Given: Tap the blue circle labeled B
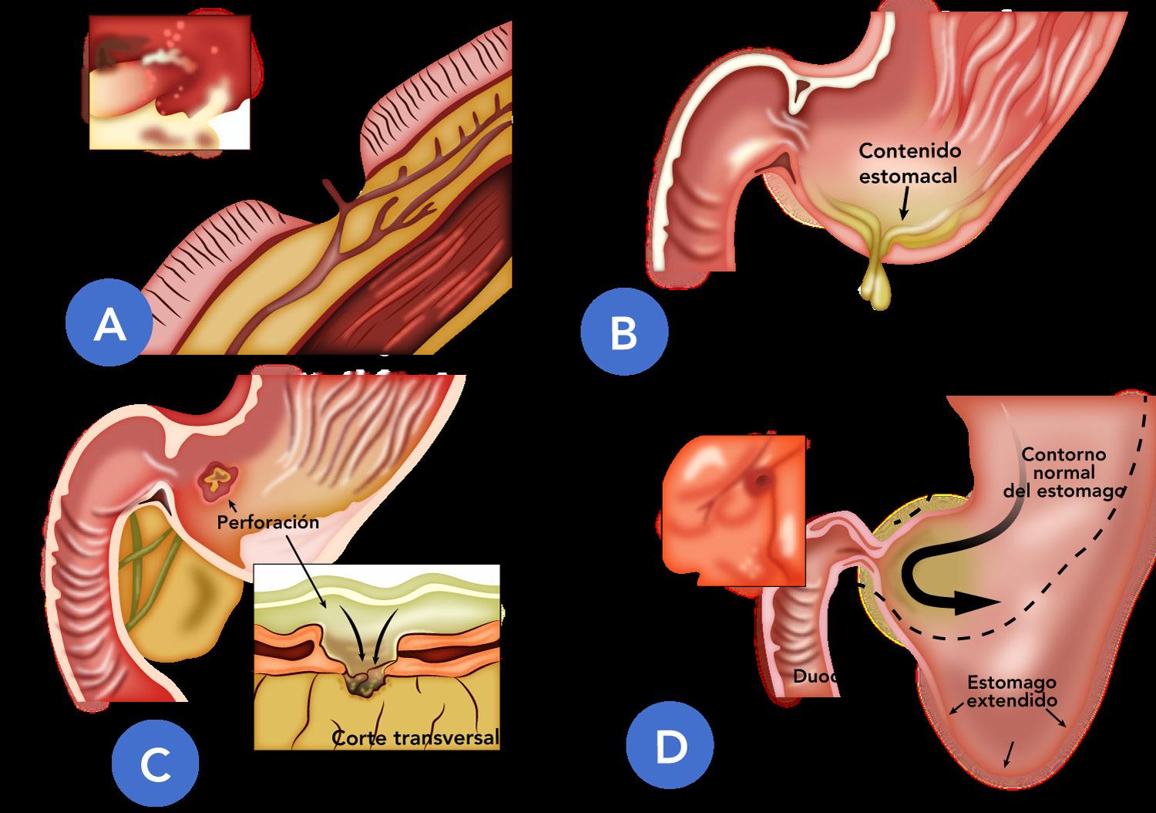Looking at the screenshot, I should (623, 334).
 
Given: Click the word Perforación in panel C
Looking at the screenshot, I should (267, 522).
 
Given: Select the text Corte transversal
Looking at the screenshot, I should (415, 738).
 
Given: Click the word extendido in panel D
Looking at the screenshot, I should (1011, 702).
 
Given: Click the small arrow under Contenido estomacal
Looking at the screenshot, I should (904, 204).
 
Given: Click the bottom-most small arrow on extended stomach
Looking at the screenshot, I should (1005, 760).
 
